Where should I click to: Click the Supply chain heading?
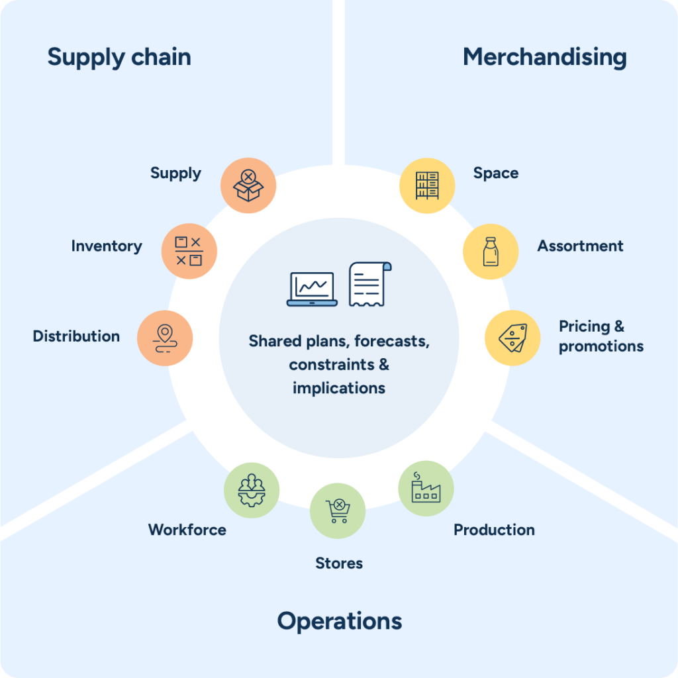[x=119, y=58]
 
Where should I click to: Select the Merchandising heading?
[x=544, y=58]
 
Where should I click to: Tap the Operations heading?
[x=339, y=621]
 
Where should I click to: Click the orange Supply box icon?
[x=248, y=185]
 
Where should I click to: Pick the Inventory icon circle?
[x=189, y=251]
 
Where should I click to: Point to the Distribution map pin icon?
[x=164, y=338]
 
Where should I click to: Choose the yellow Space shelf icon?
[x=427, y=185]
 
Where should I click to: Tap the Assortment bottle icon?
[x=490, y=251]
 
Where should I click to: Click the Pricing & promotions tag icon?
[x=513, y=338]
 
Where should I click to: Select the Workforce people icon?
[x=252, y=490]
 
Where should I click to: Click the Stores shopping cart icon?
[x=338, y=511]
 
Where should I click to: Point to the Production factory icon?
[x=426, y=489]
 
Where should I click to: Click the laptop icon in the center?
[x=312, y=289]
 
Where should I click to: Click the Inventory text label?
[x=107, y=246]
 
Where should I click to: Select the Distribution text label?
[x=76, y=336]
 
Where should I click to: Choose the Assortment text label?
[x=580, y=246]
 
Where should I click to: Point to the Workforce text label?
[x=187, y=530]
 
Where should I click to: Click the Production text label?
[x=494, y=530]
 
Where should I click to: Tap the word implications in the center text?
[x=339, y=388]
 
